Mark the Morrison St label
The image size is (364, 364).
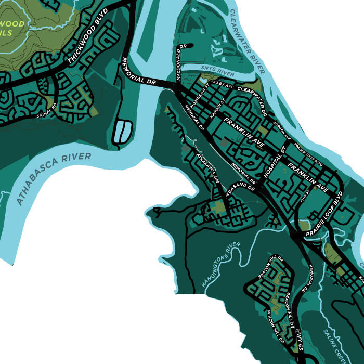pyautogui.click(x=199, y=93)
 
